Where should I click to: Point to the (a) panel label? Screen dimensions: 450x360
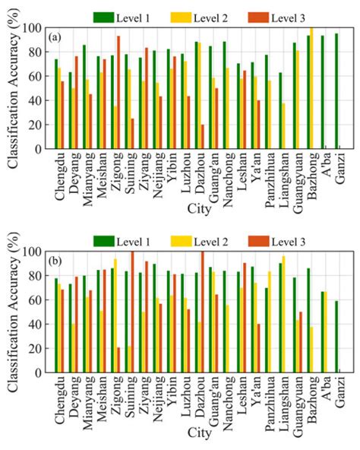click(x=55, y=36)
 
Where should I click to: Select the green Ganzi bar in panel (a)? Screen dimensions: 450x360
click(x=336, y=91)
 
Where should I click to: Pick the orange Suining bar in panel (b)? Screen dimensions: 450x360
click(x=132, y=312)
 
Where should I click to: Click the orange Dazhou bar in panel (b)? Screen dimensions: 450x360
click(x=202, y=312)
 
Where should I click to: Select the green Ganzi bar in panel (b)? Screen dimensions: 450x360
click(x=336, y=337)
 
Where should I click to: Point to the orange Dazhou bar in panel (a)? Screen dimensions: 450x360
click(x=203, y=137)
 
